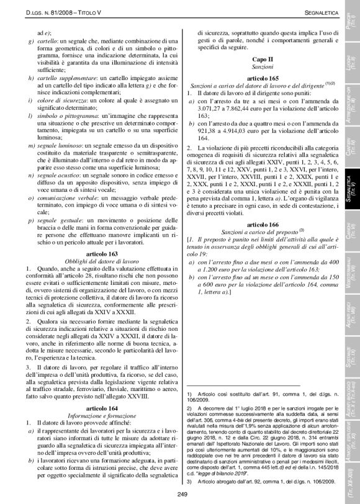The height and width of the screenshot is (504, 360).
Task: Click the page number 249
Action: pos(181,494)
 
